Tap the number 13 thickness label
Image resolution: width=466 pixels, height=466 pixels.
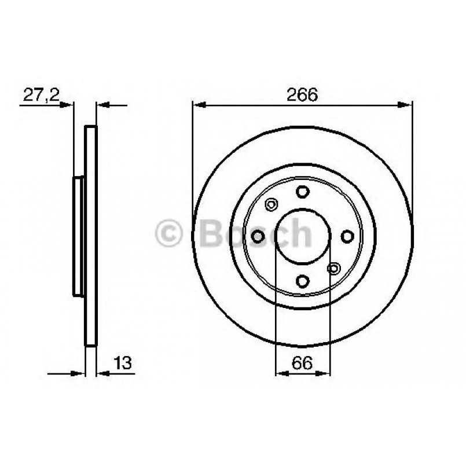(x=123, y=364)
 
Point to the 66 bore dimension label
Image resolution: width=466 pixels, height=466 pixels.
(x=303, y=364)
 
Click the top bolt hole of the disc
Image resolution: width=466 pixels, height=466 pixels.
(x=303, y=192)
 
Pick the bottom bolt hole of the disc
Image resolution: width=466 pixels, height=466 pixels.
(x=303, y=281)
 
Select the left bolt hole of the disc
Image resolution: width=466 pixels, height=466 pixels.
(x=258, y=236)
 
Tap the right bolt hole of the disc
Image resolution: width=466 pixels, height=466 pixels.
(x=347, y=236)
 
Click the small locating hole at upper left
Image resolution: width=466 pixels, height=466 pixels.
(x=271, y=204)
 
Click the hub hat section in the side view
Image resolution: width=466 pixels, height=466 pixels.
(x=78, y=236)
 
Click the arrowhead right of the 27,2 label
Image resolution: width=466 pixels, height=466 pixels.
(x=69, y=105)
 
